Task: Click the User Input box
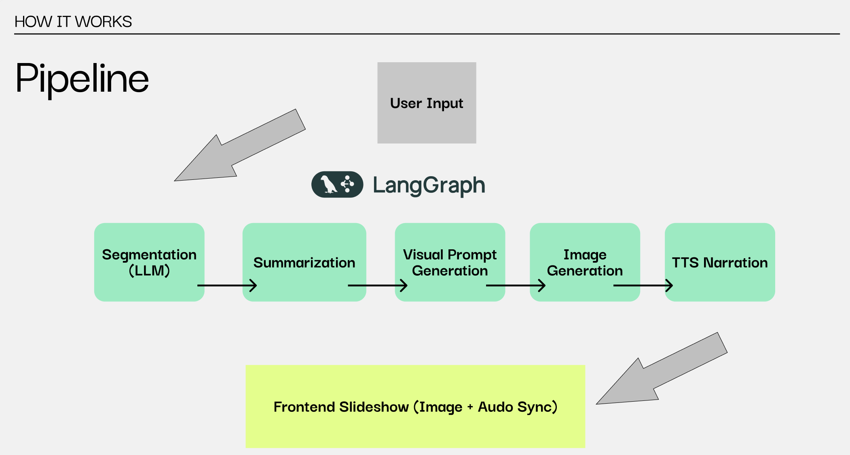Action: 427,103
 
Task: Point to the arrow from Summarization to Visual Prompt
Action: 378,285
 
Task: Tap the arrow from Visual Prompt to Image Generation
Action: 516,285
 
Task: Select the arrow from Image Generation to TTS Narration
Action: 643,285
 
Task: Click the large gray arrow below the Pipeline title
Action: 239,147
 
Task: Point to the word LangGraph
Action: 429,185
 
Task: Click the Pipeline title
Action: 82,78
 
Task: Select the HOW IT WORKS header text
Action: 73,21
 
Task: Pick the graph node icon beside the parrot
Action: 347,184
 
